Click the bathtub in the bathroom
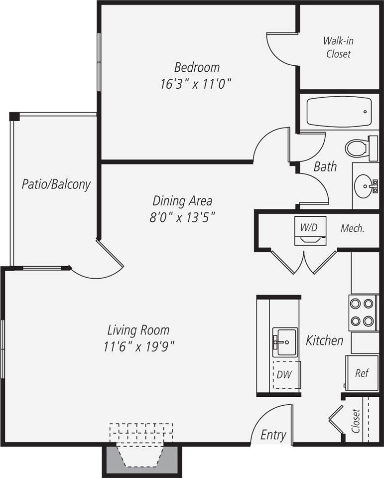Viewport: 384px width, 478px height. (339, 112)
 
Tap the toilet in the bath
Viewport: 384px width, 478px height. (357, 148)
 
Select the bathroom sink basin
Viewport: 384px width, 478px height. (365, 186)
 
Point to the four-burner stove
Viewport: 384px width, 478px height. (362, 312)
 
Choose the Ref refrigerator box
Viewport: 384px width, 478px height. (362, 373)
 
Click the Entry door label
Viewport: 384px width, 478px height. (273, 435)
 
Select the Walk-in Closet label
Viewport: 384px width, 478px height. (339, 47)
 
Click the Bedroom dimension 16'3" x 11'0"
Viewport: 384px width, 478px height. (196, 83)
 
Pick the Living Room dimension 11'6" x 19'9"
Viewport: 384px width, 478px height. (138, 346)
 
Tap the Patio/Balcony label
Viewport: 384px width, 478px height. (56, 184)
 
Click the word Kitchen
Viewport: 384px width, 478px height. (324, 340)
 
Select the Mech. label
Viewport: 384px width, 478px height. (353, 229)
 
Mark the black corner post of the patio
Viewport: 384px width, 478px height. (14, 117)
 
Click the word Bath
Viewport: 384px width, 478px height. (325, 166)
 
